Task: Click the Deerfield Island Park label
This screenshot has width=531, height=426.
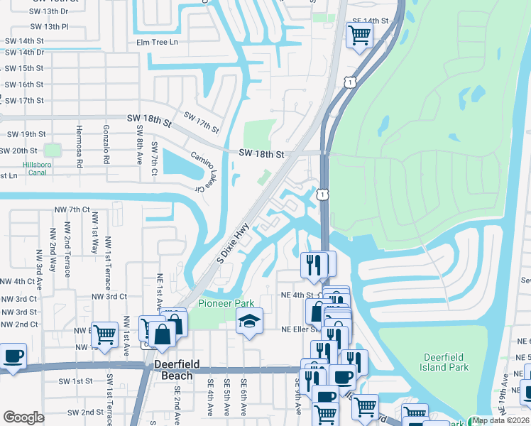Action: coord(445,362)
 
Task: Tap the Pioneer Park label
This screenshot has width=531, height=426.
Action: coord(226,303)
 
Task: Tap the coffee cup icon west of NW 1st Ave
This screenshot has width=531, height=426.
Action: coord(13,355)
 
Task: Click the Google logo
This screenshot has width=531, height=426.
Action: coord(23,417)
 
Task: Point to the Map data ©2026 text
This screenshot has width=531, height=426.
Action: coord(500,420)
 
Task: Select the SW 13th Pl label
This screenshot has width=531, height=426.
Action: coord(50,26)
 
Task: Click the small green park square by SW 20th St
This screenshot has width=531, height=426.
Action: coord(52,151)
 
